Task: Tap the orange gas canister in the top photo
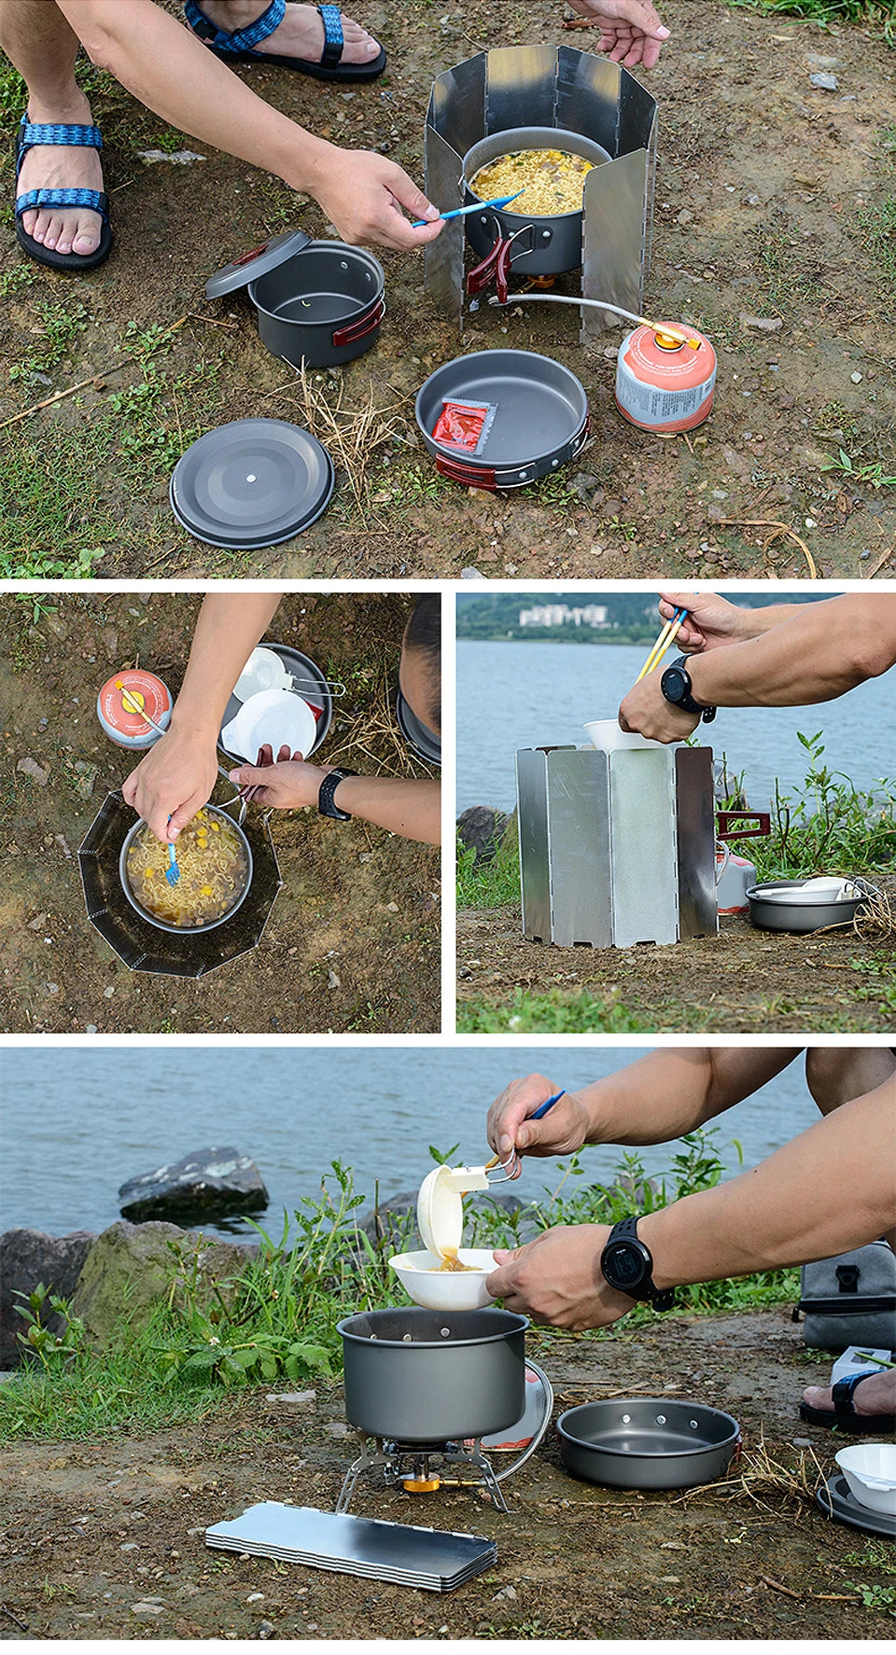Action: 665,378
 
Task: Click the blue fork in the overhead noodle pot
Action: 172,864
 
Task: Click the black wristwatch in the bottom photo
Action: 627,1261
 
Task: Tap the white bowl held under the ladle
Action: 443,1280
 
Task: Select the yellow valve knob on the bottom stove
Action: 421,1481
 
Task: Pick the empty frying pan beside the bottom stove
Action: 648,1441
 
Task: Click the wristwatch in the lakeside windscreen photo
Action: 679,685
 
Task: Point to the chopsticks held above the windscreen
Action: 661,642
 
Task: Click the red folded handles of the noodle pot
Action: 491,265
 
